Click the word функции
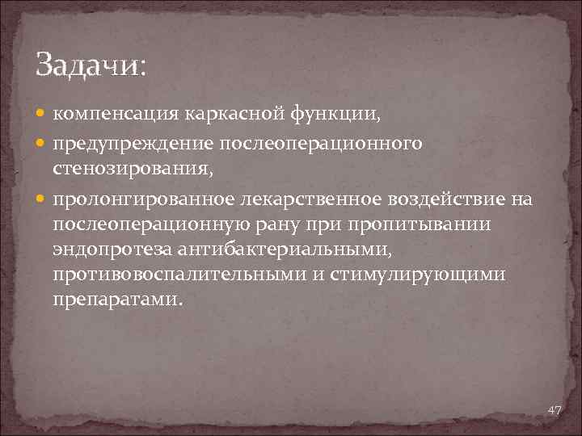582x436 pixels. [336, 115]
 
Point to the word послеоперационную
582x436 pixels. [156, 225]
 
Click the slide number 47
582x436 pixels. [555, 411]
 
